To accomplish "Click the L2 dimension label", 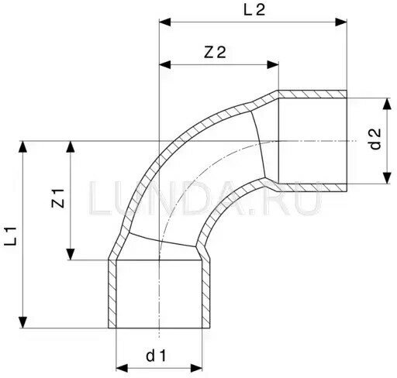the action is tap(254, 10).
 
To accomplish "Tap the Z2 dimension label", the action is tap(215, 52).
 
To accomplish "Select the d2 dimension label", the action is tap(376, 139).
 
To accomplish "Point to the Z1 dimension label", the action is tap(58, 198).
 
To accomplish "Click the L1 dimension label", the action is tap(11, 236).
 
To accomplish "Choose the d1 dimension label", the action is tap(156, 356).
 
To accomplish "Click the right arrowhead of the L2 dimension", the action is tap(341, 22).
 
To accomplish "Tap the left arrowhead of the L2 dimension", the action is tap(165, 22).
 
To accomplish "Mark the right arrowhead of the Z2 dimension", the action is tap(273, 65).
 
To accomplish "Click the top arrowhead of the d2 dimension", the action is tap(387, 104).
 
